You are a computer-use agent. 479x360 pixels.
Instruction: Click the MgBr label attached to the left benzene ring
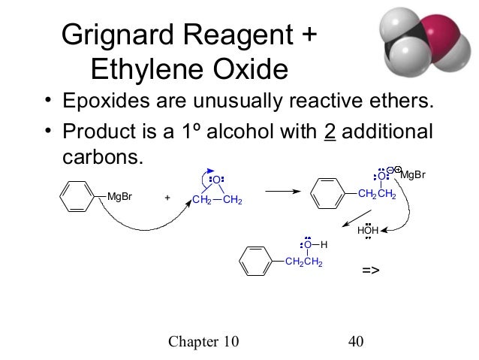click(x=120, y=197)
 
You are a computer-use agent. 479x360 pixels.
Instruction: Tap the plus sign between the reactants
click(x=167, y=198)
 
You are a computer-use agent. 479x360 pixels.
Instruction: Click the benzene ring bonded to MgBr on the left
click(x=77, y=197)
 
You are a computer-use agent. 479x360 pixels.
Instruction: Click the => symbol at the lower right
click(x=371, y=269)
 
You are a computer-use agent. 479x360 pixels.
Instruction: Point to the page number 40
click(x=356, y=343)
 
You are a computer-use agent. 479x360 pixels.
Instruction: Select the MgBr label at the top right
click(x=413, y=175)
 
